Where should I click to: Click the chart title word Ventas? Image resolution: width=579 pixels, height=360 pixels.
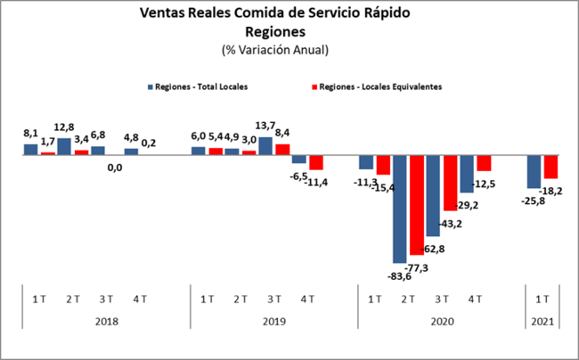(x=164, y=13)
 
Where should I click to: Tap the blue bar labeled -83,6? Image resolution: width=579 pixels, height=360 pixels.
(x=400, y=209)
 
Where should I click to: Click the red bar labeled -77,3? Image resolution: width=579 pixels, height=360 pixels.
(x=417, y=205)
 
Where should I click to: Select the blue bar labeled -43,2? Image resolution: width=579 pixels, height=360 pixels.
(x=434, y=195)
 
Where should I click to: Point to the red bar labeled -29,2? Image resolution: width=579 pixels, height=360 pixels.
(x=451, y=183)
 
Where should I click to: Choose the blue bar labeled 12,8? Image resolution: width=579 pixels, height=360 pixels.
(x=64, y=146)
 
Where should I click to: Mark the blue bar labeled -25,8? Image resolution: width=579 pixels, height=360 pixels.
(x=534, y=171)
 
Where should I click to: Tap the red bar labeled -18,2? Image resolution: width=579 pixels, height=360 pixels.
(x=550, y=167)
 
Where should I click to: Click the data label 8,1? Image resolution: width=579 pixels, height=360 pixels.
(x=29, y=133)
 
